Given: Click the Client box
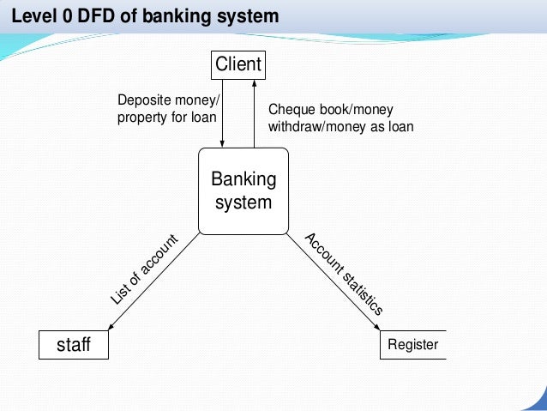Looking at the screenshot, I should coord(237,64).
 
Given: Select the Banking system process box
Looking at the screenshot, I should coord(243,191).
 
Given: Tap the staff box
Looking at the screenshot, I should coord(74,345).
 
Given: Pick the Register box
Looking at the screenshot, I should coord(412,345).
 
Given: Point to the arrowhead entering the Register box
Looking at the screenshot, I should coord(378,326).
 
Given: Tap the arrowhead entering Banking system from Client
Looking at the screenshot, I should coord(223,143).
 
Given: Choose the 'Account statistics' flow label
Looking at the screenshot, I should coord(344,274).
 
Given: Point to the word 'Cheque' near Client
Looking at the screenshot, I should coord(289,110).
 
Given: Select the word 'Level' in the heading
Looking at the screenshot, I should coord(32,16).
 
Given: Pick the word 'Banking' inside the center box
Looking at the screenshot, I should coord(243,180).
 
